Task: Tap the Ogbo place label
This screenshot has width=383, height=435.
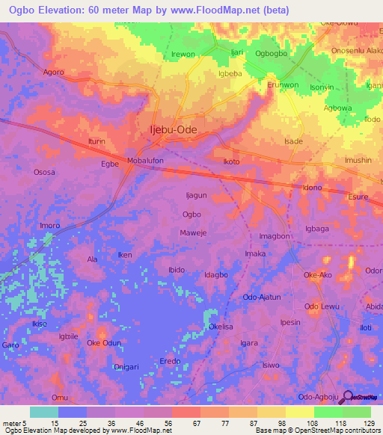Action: [191, 214]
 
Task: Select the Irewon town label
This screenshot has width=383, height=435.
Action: [183, 55]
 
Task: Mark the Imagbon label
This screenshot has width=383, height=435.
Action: [275, 236]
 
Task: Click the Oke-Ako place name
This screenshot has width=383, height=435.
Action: [317, 275]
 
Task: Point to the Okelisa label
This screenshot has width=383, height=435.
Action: [224, 327]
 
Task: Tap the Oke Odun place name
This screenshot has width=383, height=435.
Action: [104, 343]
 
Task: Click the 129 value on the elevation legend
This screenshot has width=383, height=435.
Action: [368, 423]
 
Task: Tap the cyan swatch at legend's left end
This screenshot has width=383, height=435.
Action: [44, 412]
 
